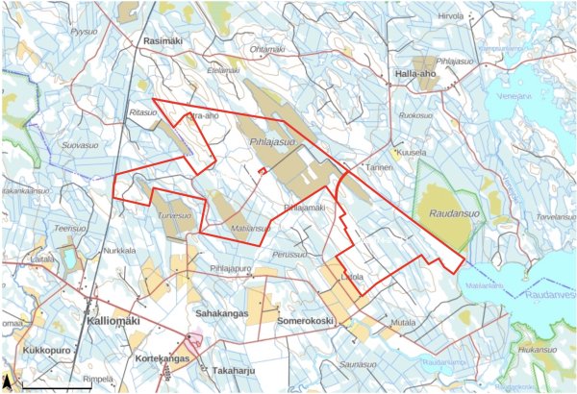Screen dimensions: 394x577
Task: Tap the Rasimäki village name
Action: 162,42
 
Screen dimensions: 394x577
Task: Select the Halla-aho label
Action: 417,74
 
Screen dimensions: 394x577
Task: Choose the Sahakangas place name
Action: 222,314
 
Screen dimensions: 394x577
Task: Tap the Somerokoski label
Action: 305,320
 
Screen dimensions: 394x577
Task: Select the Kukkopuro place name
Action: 47,351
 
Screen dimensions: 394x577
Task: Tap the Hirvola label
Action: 450,16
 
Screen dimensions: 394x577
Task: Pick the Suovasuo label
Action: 80,146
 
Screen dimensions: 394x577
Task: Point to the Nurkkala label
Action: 120,251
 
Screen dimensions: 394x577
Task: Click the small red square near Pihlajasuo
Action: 261,172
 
